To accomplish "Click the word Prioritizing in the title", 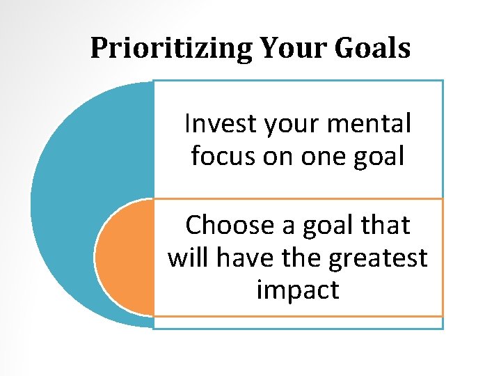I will [x=173, y=49].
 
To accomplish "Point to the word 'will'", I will [x=186, y=257].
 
